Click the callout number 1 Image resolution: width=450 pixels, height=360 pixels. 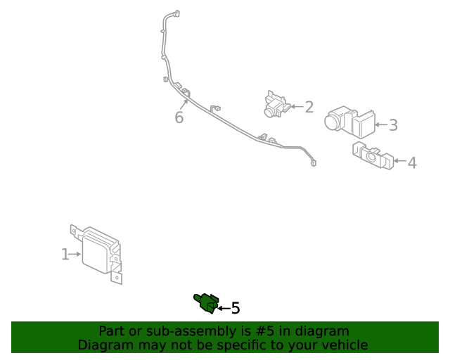pyautogui.click(x=65, y=255)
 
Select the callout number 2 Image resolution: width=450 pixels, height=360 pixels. pyautogui.click(x=309, y=107)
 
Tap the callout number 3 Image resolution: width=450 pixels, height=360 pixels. pyautogui.click(x=393, y=125)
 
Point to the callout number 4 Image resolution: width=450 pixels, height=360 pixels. pyautogui.click(x=412, y=162)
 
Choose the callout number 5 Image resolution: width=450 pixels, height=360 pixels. pyautogui.click(x=236, y=308)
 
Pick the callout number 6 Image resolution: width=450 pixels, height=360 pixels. pyautogui.click(x=179, y=117)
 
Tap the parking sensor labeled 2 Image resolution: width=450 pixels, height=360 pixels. pyautogui.click(x=276, y=104)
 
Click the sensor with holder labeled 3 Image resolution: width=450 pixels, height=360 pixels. pyautogui.click(x=349, y=122)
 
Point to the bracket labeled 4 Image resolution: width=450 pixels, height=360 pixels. pyautogui.click(x=372, y=155)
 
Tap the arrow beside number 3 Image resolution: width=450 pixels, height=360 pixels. pyautogui.click(x=380, y=125)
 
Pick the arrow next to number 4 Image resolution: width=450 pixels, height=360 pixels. pyautogui.click(x=399, y=162)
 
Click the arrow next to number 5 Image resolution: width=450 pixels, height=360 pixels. pyautogui.click(x=224, y=308)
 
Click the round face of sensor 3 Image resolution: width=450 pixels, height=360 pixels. pyautogui.click(x=333, y=122)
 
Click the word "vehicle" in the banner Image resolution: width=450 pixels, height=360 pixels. pyautogui.click(x=344, y=345)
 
